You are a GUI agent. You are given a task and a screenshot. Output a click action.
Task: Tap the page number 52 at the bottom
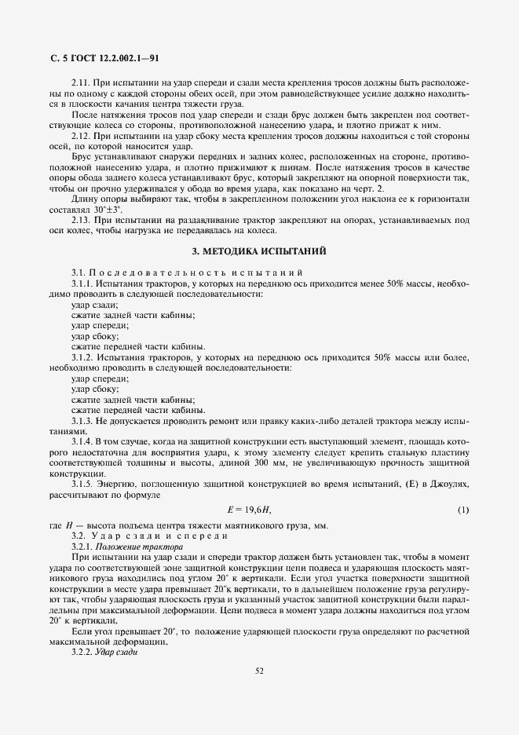click(x=259, y=670)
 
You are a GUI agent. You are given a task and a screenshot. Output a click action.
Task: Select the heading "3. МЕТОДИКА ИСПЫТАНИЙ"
click(x=259, y=251)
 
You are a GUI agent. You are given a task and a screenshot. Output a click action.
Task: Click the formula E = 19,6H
click(x=249, y=510)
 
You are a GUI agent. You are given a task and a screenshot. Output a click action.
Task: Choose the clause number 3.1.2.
click(x=83, y=357)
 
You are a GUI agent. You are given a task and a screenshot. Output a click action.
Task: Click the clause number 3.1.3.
click(x=83, y=421)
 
